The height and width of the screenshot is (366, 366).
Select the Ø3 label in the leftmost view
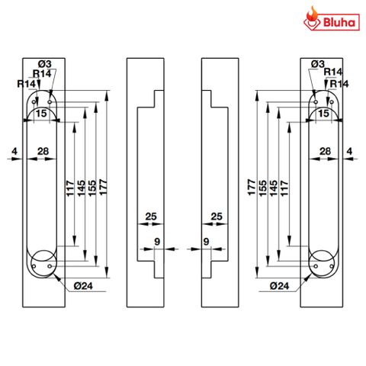click(44, 63)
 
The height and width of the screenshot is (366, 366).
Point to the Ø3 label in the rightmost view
click(319, 63)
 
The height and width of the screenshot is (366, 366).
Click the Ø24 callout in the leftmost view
click(84, 287)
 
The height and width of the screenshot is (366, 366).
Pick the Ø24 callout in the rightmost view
click(280, 287)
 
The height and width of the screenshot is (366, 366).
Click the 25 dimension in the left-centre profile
click(150, 217)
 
